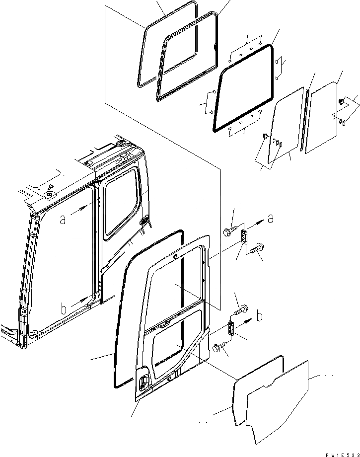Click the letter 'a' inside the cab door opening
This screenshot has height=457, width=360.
pyautogui.click(x=63, y=219)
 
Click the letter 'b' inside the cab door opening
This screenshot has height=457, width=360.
pyautogui.click(x=63, y=309)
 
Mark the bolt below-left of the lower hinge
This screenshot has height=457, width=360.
pyautogui.click(x=218, y=349)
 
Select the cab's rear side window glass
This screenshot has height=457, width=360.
pyautogui.click(x=120, y=201)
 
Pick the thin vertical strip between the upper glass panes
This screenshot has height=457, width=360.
pyautogui.click(x=308, y=119)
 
